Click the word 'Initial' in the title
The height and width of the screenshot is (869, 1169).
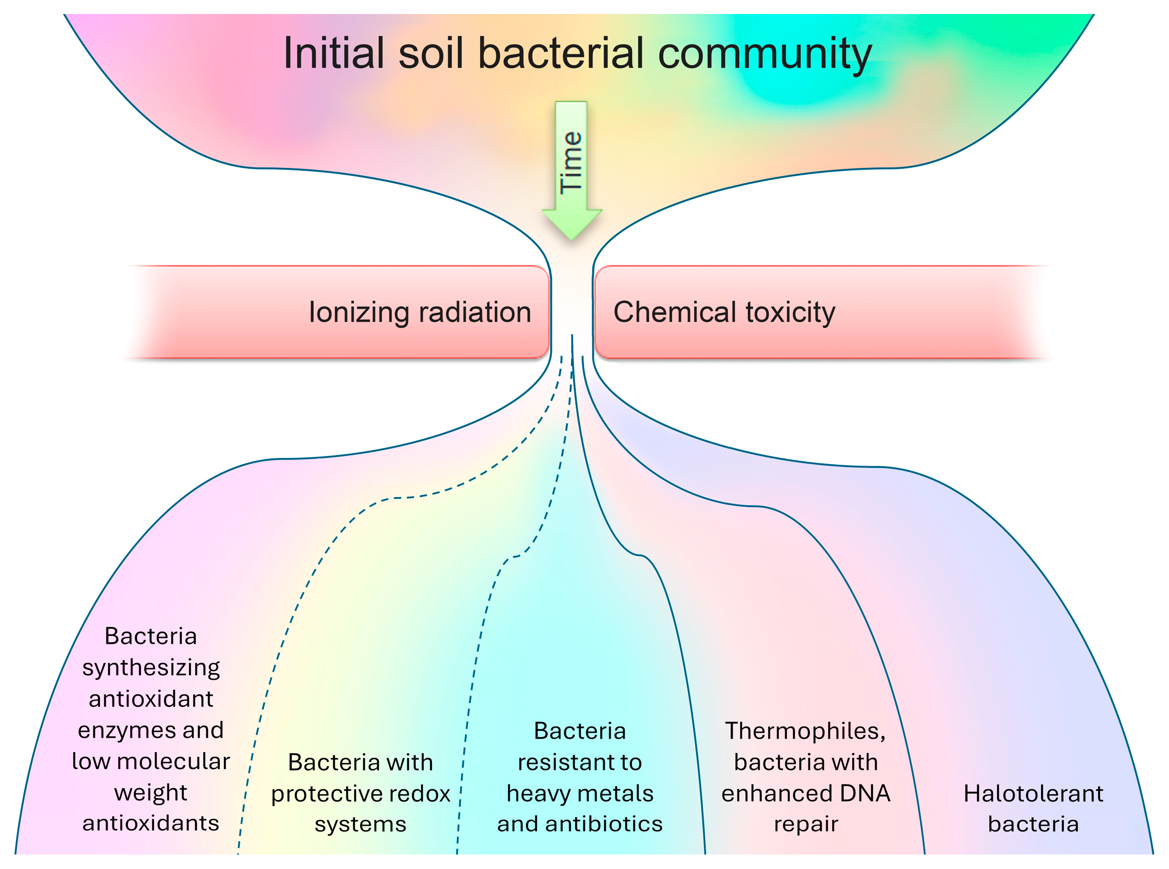(x=333, y=54)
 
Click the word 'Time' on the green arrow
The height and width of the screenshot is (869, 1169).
(x=571, y=163)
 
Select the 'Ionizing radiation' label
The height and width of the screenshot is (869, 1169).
(x=420, y=313)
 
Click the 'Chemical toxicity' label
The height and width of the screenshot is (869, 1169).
(x=724, y=313)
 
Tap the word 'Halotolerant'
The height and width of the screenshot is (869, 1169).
(x=1033, y=794)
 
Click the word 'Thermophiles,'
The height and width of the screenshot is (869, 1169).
(x=806, y=731)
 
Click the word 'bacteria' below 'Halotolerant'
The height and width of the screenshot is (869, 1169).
(x=1033, y=824)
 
